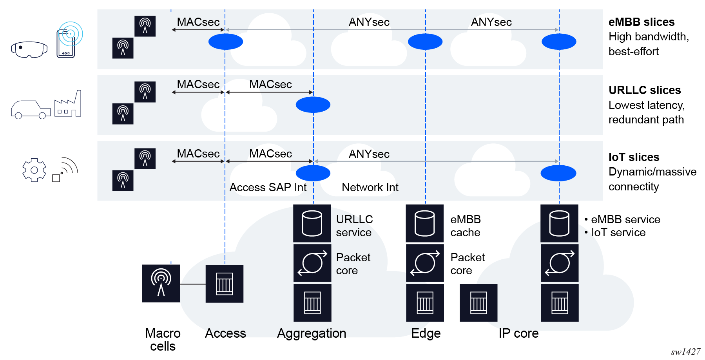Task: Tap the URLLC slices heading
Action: (644, 90)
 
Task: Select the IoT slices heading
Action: (634, 157)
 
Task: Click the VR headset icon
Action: (29, 50)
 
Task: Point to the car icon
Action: (31, 110)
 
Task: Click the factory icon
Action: (68, 104)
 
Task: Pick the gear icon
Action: (34, 170)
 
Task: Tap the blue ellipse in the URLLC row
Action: (313, 105)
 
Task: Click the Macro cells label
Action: (163, 340)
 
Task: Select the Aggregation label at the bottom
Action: (312, 333)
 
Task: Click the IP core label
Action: (518, 333)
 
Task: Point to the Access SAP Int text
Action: (268, 188)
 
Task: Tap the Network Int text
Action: (370, 188)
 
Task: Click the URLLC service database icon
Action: (312, 223)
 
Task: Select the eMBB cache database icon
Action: (424, 223)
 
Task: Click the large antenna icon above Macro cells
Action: (161, 283)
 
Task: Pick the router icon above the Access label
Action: (224, 284)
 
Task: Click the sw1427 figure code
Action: (685, 352)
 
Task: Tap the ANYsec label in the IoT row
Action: (369, 154)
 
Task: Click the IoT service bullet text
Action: (618, 233)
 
